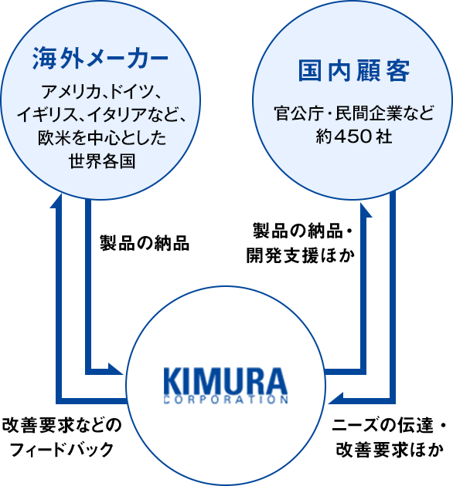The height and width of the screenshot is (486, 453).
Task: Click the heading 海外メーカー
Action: point(100,58)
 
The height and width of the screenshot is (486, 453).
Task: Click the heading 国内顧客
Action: point(354,71)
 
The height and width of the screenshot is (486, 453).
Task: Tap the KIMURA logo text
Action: point(226,380)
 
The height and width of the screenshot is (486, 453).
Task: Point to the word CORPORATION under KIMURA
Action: point(226,400)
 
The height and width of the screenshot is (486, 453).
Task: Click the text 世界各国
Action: point(102,161)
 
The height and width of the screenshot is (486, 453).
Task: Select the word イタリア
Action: point(117,115)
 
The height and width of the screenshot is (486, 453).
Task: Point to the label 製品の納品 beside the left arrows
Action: point(144,243)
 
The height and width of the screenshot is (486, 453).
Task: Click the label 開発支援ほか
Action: point(301,256)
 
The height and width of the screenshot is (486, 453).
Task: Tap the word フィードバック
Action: point(62,450)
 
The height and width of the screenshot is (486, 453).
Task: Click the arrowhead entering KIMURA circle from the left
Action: point(115,368)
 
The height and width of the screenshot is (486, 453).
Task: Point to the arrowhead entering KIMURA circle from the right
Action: point(336,398)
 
